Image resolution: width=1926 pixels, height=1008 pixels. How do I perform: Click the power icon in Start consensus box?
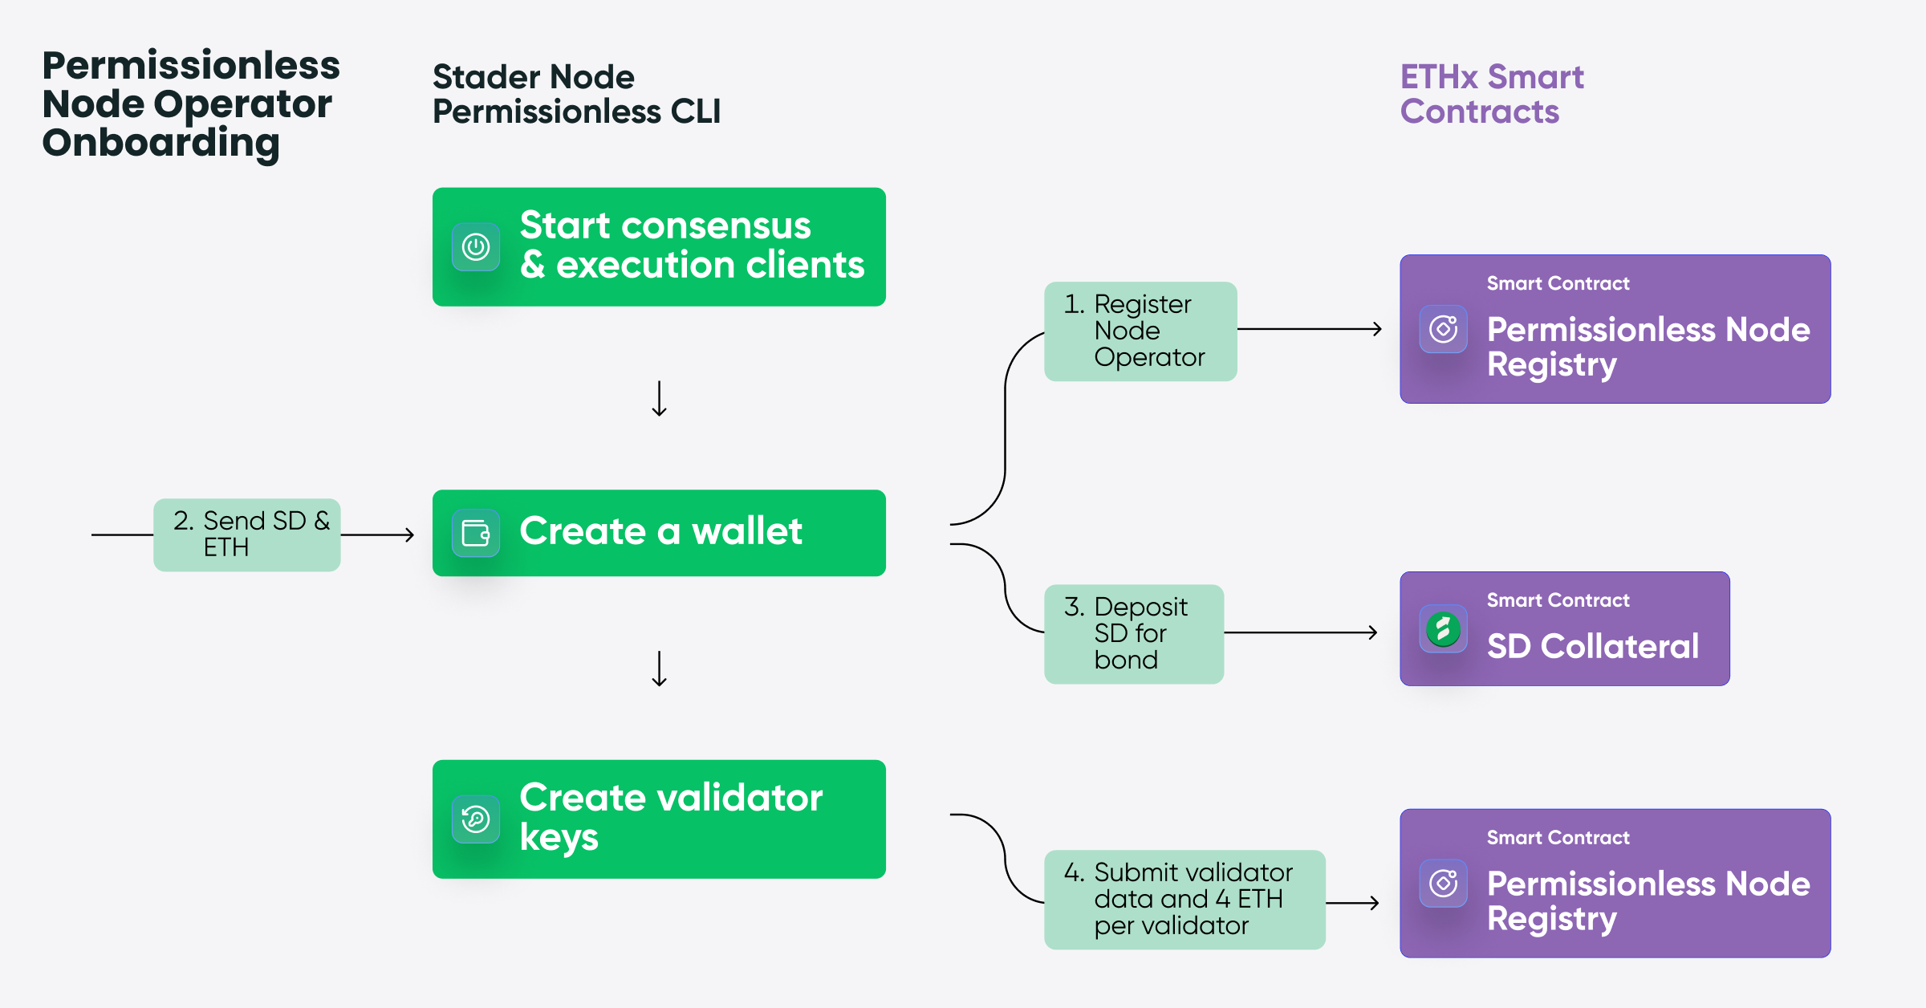coord(476,247)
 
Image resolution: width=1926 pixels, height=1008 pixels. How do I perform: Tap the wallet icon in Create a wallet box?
coord(476,533)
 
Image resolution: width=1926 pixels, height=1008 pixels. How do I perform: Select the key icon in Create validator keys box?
coord(476,819)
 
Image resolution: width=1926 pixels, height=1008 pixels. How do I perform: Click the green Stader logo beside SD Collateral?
coord(1443,629)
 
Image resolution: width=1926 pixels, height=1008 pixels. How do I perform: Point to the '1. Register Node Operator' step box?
coord(1140,331)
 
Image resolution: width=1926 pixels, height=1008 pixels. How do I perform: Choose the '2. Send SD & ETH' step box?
coord(247,534)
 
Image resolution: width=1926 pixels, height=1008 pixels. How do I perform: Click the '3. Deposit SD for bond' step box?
coord(1133,633)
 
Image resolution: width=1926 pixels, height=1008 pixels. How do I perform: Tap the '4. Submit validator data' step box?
coord(1184,899)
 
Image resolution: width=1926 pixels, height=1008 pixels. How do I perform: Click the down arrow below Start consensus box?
coord(659,399)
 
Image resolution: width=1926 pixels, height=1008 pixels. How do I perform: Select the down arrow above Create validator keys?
coord(659,669)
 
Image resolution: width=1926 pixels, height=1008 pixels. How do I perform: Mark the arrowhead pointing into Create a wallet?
coord(408,534)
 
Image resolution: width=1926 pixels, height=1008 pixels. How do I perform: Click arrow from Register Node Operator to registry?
coord(1310,329)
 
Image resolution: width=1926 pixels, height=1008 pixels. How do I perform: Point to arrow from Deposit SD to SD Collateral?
coord(1301,632)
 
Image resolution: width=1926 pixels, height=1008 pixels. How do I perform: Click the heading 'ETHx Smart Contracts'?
coord(1491,94)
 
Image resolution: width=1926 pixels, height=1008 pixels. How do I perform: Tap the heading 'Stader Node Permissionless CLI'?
coord(575,94)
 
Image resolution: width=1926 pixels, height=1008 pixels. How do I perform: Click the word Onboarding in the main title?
coord(160,143)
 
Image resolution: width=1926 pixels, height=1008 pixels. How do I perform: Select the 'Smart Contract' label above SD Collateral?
coord(1558,600)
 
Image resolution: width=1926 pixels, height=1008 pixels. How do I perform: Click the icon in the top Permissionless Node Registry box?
coord(1443,329)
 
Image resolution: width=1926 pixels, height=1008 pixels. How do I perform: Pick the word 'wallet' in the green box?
coord(746,531)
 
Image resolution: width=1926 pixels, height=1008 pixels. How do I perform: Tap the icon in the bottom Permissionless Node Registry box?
coord(1443,884)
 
